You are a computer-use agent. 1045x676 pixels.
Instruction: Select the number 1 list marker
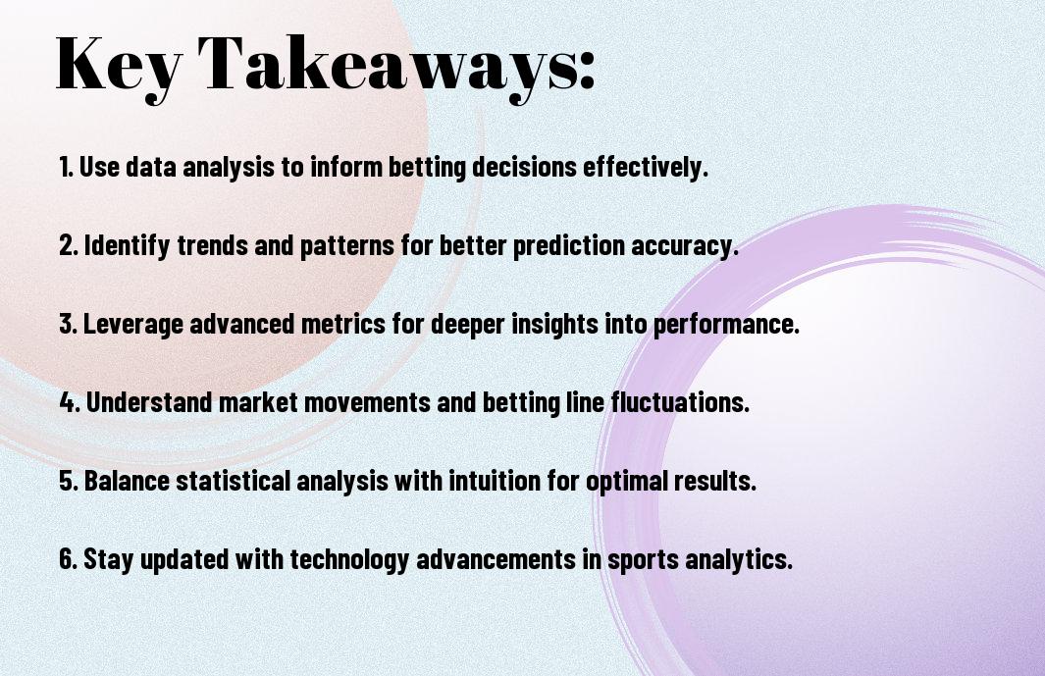pyautogui.click(x=66, y=167)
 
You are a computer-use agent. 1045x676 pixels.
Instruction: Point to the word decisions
pyautogui.click(x=525, y=167)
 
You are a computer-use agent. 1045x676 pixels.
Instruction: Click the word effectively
pyautogui.click(x=645, y=167)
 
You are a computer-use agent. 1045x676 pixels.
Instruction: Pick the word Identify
pyautogui.click(x=127, y=245)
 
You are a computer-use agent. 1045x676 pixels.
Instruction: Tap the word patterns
pyautogui.click(x=347, y=246)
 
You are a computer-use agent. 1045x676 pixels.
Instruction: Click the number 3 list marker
pyautogui.click(x=68, y=324)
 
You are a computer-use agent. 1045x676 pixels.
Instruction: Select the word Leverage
pyautogui.click(x=133, y=324)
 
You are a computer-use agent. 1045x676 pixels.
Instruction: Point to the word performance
pyautogui.click(x=725, y=325)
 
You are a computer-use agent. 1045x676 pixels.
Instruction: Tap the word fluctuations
pyautogui.click(x=680, y=402)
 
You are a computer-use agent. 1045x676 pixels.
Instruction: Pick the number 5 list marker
pyautogui.click(x=68, y=481)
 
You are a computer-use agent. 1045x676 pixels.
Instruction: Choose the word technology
pyautogui.click(x=349, y=558)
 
